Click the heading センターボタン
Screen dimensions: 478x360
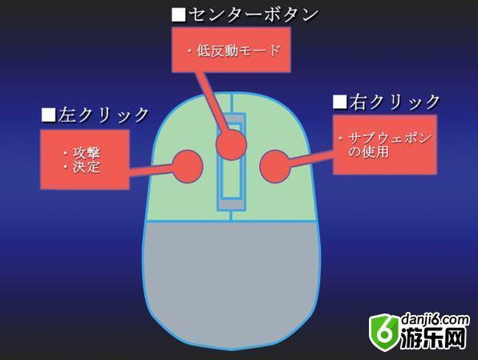point(253,14)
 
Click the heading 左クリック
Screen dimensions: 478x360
point(103,115)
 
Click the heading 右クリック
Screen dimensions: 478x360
point(395,102)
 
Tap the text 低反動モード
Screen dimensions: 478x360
point(238,51)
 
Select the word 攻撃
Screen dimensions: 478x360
point(87,153)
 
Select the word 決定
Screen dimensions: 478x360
point(87,167)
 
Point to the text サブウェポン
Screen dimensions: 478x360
point(390,138)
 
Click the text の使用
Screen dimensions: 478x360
point(369,152)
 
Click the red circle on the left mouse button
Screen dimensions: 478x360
point(188,167)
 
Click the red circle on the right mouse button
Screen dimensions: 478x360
point(275,167)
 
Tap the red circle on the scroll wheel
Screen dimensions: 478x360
point(231,144)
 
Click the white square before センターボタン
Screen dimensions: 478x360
point(179,14)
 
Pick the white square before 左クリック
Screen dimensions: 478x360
point(49,115)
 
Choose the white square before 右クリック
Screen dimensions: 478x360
point(340,102)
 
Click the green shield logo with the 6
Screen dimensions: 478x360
point(384,333)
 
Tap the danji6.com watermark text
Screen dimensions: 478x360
point(435,321)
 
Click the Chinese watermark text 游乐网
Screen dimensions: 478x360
point(433,338)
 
